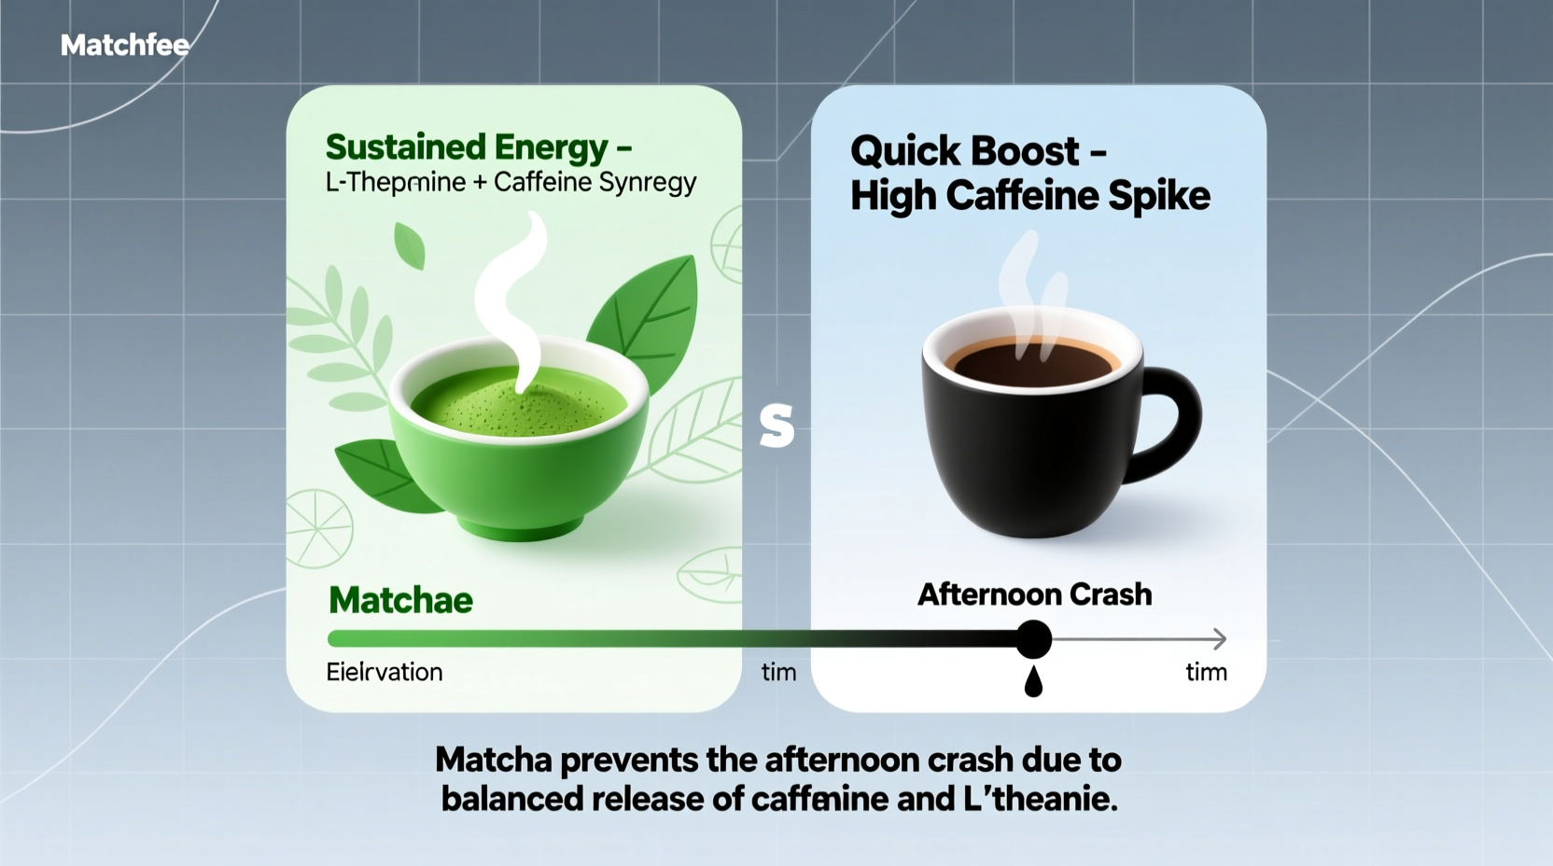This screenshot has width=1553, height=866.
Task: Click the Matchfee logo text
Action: [124, 45]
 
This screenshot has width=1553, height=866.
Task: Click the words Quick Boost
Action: [964, 151]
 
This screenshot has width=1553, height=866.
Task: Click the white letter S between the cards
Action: [776, 426]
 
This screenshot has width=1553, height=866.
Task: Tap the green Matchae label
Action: [400, 600]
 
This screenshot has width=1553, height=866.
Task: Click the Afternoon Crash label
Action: [1034, 594]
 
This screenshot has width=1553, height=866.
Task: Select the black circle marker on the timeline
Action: [1033, 639]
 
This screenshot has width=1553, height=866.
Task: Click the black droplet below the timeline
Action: [1033, 683]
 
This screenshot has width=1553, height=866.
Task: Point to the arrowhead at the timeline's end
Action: [1219, 639]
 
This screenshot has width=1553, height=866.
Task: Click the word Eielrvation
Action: [384, 672]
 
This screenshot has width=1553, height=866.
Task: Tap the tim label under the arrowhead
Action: [1206, 672]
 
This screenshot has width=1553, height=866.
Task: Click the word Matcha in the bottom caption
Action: [494, 760]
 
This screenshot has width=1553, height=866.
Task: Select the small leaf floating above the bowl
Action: [410, 244]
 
